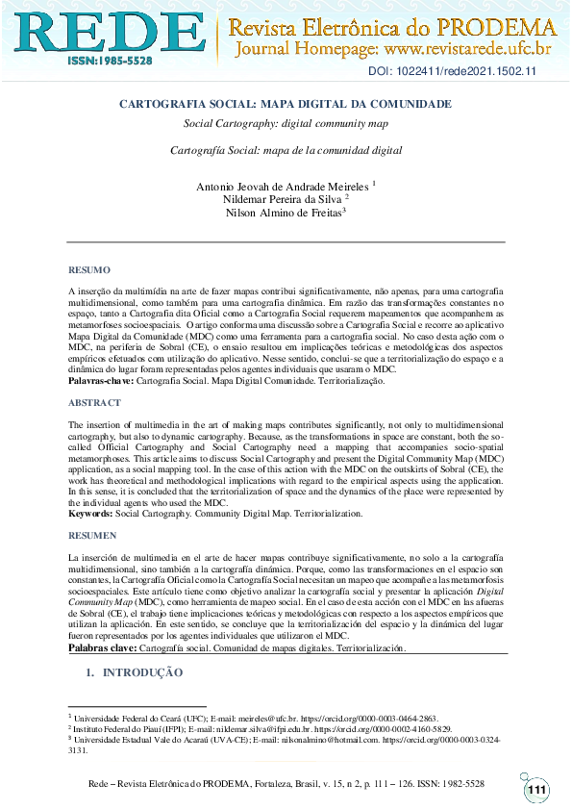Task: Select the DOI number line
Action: coord(452,73)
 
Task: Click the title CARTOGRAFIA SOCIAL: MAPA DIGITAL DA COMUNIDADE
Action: coord(285,103)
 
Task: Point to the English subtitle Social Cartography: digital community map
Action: coord(285,124)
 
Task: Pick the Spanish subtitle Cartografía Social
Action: coord(285,151)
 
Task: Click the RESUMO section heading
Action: coord(89,270)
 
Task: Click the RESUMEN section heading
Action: coord(92,535)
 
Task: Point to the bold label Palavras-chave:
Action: coord(101,381)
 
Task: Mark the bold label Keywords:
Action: coord(90,514)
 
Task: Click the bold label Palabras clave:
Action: coord(102,648)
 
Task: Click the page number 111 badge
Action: coord(536,790)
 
